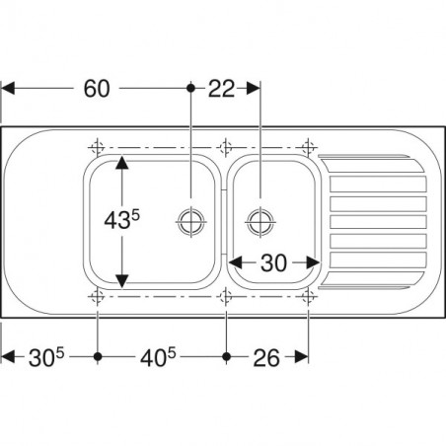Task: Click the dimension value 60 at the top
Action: pyautogui.click(x=97, y=89)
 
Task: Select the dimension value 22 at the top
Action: pyautogui.click(x=222, y=89)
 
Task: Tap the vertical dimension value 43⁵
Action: pyautogui.click(x=121, y=220)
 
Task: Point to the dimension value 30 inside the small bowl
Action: pyautogui.click(x=273, y=262)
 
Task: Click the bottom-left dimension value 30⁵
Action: pyautogui.click(x=46, y=357)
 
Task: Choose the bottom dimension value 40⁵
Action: pyautogui.click(x=158, y=357)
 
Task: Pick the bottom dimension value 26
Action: pyautogui.click(x=266, y=358)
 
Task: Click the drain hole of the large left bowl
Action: pyautogui.click(x=191, y=221)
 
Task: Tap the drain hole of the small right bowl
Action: pyautogui.click(x=260, y=221)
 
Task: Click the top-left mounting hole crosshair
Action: pyautogui.click(x=97, y=147)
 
